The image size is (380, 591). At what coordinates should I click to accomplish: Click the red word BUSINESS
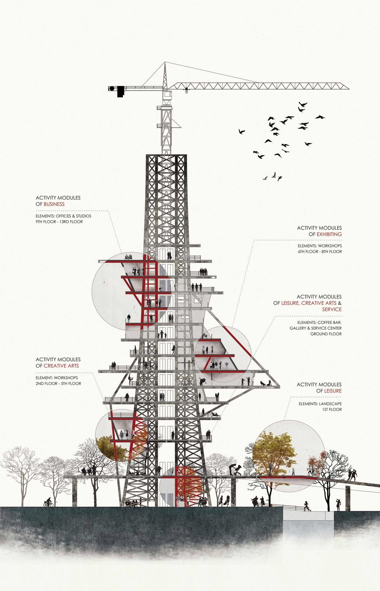point(54,204)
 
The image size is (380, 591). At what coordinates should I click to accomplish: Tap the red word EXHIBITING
point(329,234)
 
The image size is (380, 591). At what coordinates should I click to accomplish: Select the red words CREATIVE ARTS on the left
point(61,366)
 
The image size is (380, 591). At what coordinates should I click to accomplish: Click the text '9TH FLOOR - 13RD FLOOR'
point(59,222)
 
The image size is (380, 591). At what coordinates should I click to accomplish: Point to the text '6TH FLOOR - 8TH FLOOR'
point(320,252)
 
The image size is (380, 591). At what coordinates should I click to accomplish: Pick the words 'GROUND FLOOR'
point(326,334)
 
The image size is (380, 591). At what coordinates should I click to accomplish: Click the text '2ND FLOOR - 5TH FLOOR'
point(58,383)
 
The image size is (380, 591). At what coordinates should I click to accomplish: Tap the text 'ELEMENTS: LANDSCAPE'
point(320,404)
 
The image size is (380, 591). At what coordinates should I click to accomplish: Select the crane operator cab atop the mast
point(167,95)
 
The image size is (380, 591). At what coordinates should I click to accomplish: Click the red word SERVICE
point(332,309)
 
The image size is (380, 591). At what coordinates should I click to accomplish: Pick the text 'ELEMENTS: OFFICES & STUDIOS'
point(63,216)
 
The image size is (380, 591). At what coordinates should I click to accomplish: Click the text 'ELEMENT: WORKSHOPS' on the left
point(56,378)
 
